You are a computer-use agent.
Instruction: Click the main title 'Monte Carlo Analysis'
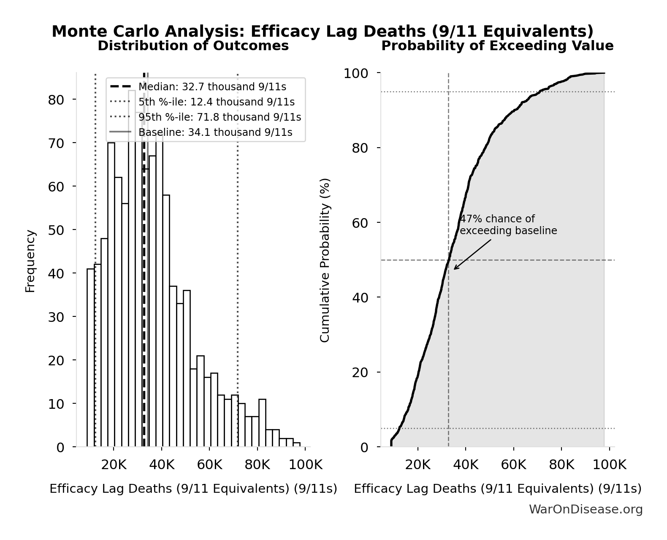[x=322, y=32]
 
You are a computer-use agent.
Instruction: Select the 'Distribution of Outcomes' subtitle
[x=193, y=46]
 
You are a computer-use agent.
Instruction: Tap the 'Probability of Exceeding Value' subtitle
[x=497, y=46]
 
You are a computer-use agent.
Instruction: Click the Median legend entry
[x=212, y=87]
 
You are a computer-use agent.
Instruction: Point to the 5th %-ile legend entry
[x=216, y=102]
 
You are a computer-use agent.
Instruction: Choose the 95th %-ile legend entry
[x=220, y=117]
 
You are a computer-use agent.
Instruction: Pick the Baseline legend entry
[x=215, y=132]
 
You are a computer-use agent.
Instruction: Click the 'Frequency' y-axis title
[x=30, y=261]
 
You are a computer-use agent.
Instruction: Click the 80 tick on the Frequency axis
[x=56, y=100]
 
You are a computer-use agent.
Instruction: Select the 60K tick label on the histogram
[x=209, y=465]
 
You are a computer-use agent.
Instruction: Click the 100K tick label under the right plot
[x=609, y=465]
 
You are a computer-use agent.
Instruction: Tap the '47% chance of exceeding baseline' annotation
[x=508, y=225]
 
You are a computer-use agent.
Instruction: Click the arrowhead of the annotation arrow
[x=455, y=269]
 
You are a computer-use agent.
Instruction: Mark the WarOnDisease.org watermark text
[x=586, y=510]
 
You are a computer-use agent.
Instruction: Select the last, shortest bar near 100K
[x=296, y=445]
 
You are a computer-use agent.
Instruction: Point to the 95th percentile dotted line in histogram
[x=238, y=262]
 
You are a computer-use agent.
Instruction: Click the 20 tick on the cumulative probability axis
[x=360, y=372]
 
